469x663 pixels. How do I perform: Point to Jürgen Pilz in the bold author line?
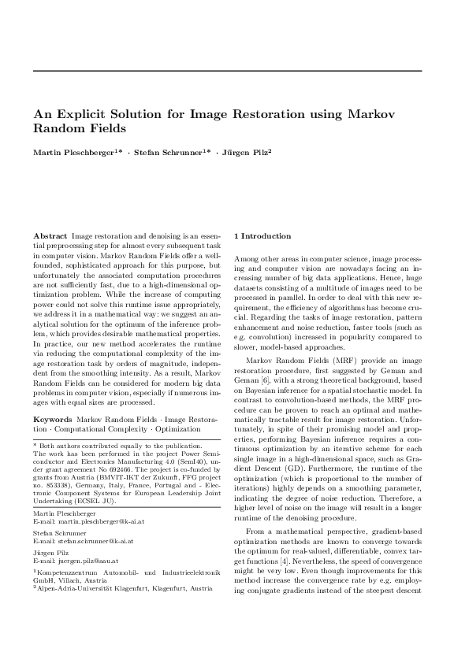pos(242,151)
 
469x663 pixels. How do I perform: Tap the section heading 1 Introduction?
pos(262,236)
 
